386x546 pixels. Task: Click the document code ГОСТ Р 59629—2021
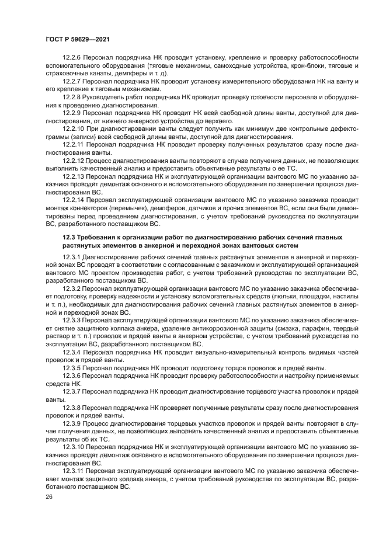[77, 39]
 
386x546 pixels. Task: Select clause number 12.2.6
[72, 58]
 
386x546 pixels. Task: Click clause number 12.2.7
[72, 81]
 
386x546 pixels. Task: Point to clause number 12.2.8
[72, 96]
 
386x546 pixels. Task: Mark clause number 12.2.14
[74, 199]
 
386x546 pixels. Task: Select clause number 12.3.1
[72, 256]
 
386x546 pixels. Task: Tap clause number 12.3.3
[72, 321]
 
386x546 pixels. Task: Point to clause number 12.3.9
[72, 422]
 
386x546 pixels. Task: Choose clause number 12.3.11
[74, 469]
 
